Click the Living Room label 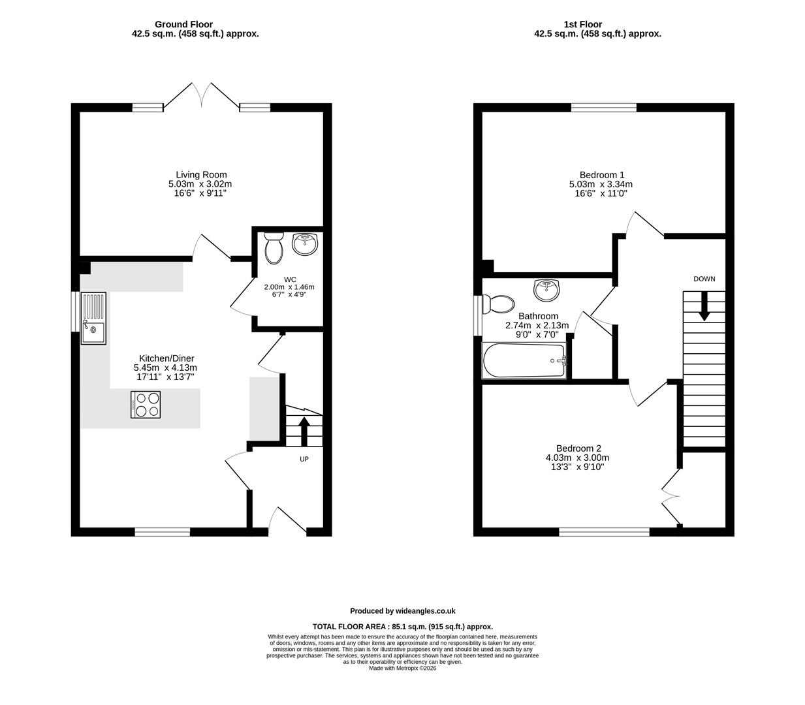point(201,175)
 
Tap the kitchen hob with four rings point(146,405)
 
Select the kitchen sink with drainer point(93,319)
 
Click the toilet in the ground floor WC point(274,248)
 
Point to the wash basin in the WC point(305,244)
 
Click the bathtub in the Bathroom point(524,361)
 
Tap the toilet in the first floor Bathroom point(499,304)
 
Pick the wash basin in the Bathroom point(546,290)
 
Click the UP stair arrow point(304,431)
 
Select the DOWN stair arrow point(704,306)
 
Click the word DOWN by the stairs point(704,279)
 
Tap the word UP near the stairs point(304,459)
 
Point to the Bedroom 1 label point(602,175)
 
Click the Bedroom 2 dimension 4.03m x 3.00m point(577,458)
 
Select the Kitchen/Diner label point(167,358)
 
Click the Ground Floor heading point(183,24)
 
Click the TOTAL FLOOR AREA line point(402,627)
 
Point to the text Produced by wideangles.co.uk point(402,611)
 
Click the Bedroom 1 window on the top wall point(604,108)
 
